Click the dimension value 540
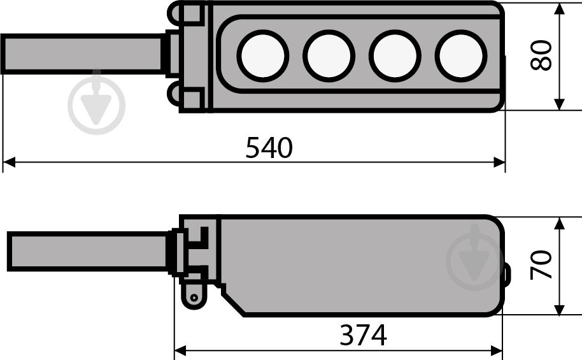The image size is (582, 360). coord(269,147)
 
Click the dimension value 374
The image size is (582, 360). coord(364,335)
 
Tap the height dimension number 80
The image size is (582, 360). coord(541,55)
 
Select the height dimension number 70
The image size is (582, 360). coord(541,265)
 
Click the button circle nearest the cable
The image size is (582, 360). coord(263,55)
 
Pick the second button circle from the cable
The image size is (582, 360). coord(329,55)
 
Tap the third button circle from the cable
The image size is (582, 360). coord(395,55)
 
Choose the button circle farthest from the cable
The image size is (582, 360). coord(461,55)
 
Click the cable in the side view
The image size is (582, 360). coord(88,252)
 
